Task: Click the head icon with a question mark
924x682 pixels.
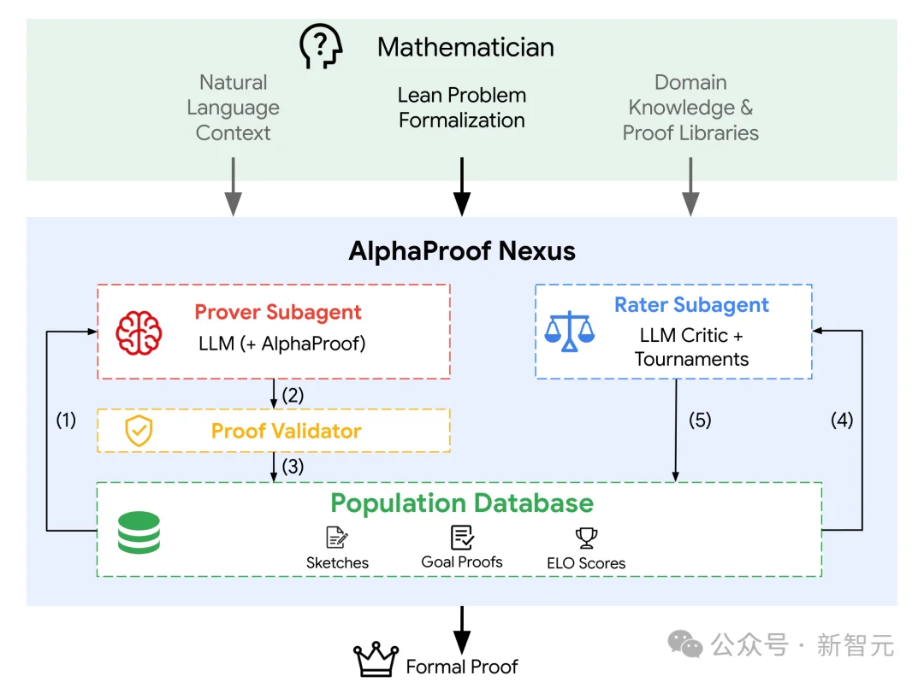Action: pyautogui.click(x=321, y=46)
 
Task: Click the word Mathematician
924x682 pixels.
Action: pyautogui.click(x=465, y=47)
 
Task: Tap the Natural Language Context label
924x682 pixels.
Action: pyautogui.click(x=234, y=107)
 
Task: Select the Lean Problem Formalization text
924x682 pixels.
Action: pyautogui.click(x=462, y=107)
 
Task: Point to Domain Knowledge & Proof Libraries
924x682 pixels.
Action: pyautogui.click(x=690, y=107)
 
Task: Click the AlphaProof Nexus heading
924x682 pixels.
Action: pyautogui.click(x=462, y=250)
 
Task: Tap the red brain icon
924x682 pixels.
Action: pyautogui.click(x=139, y=333)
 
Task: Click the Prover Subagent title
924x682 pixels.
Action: pyautogui.click(x=278, y=312)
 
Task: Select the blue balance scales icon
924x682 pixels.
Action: pyautogui.click(x=569, y=331)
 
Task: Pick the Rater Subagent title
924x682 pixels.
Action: pyautogui.click(x=692, y=305)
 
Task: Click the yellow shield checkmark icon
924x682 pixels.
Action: pyautogui.click(x=139, y=430)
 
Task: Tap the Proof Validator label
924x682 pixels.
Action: pyautogui.click(x=287, y=431)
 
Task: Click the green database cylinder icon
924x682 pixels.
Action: pyautogui.click(x=139, y=532)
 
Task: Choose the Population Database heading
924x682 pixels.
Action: pyautogui.click(x=462, y=503)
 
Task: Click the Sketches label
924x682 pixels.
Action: pyautogui.click(x=338, y=562)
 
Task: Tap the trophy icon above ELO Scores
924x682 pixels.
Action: pyautogui.click(x=586, y=538)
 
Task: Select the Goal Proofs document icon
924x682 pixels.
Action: pyautogui.click(x=462, y=538)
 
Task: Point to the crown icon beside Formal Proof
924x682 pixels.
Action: pyautogui.click(x=376, y=659)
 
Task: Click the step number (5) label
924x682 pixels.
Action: pyautogui.click(x=700, y=420)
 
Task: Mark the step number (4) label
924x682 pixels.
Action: pyautogui.click(x=842, y=420)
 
